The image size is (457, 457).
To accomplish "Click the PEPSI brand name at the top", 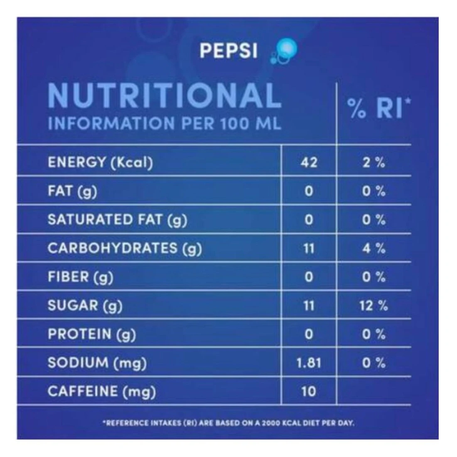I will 228,51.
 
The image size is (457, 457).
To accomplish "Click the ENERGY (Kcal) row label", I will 100,162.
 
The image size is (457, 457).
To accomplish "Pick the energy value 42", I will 309,162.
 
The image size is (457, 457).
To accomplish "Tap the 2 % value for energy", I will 373,162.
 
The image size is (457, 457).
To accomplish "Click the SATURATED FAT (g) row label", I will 117,219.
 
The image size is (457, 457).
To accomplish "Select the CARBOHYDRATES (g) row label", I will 125,248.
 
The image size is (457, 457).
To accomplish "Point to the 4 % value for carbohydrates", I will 373,248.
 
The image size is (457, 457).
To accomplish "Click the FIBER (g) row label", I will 80,277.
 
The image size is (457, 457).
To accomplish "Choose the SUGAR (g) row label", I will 85,306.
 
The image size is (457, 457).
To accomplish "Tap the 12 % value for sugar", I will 373,306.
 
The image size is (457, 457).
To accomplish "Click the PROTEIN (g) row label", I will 92,334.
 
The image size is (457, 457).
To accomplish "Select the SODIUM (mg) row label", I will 97,363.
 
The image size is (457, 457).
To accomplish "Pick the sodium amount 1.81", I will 309,363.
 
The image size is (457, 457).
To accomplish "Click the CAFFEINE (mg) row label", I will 102,391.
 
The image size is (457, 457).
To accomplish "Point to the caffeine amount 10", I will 309,391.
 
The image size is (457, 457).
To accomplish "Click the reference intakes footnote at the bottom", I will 228,423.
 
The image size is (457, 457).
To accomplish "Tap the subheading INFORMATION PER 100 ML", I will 165,123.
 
